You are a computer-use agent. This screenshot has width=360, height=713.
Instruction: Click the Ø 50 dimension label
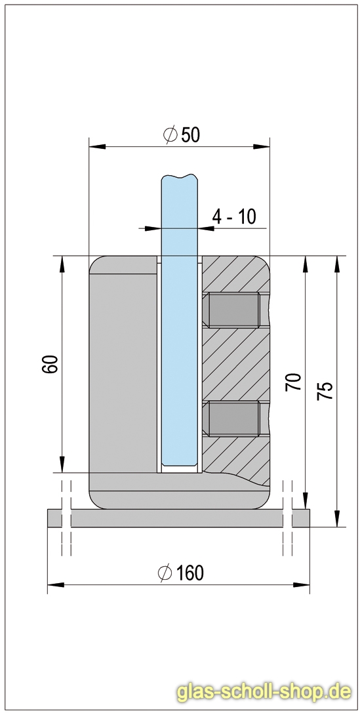click(x=180, y=134)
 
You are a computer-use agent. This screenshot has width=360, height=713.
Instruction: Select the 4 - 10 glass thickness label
click(x=234, y=216)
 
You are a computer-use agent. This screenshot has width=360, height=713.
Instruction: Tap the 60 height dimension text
click(x=50, y=364)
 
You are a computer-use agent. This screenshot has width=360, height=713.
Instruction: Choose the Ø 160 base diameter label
click(x=180, y=573)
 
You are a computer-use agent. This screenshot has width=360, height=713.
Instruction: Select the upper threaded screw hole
click(x=233, y=310)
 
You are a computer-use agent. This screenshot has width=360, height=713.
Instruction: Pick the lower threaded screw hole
click(x=233, y=418)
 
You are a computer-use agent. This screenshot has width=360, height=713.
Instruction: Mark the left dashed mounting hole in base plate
click(x=66, y=518)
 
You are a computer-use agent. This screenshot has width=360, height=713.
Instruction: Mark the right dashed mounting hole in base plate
click(x=287, y=518)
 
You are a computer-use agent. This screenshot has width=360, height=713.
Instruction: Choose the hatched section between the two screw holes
click(x=236, y=364)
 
